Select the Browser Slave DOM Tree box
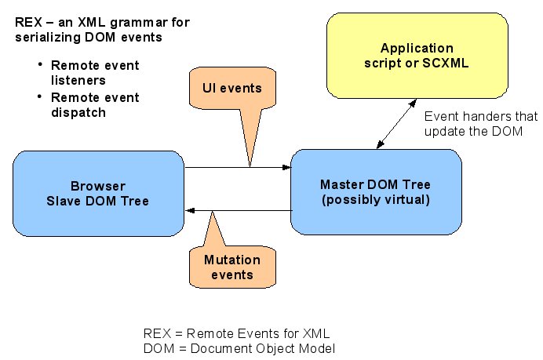[98, 194]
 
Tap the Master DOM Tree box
[374, 191]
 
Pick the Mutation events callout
[228, 267]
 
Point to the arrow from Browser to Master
[235, 166]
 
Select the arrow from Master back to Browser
[235, 210]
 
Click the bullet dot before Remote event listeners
[40, 65]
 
